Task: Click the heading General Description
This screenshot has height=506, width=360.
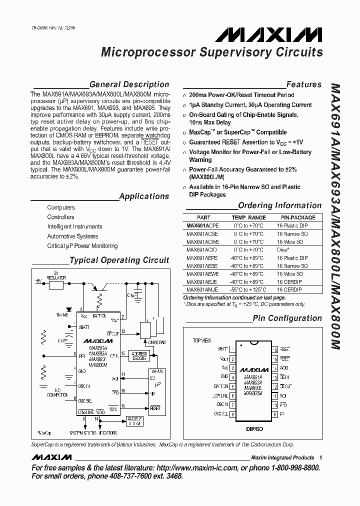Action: [129, 84]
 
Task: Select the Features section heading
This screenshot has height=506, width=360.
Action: [303, 84]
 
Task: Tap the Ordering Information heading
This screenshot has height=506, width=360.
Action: [279, 205]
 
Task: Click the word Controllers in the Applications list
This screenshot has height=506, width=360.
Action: [60, 217]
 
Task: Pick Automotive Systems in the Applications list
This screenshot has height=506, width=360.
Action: [72, 236]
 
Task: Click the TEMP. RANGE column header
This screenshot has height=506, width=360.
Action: [248, 217]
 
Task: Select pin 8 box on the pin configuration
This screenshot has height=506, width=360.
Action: [232, 414]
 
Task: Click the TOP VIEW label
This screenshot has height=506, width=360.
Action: [202, 340]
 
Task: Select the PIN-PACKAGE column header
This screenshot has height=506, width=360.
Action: [298, 217]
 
